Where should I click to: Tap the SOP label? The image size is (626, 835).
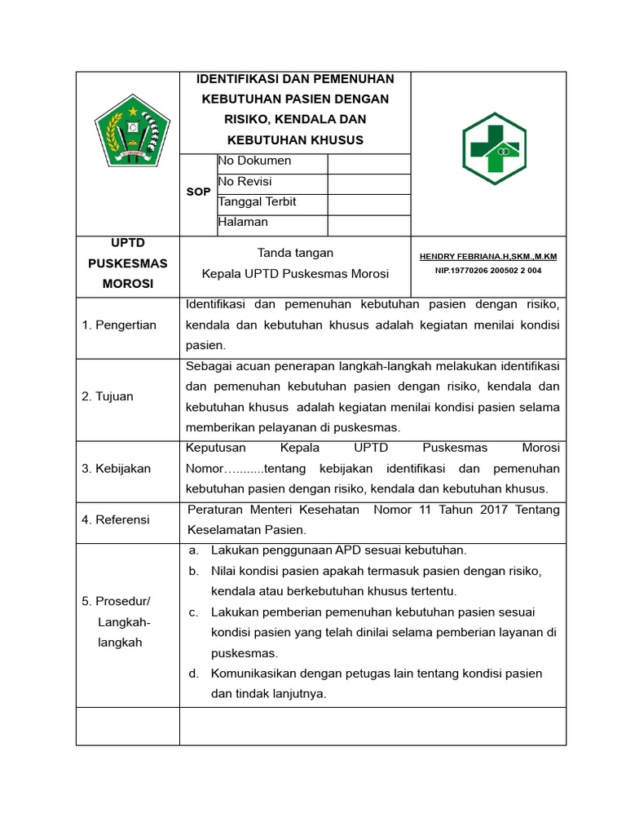click(198, 192)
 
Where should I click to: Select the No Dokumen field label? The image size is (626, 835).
click(254, 161)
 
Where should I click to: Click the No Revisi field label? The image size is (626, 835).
click(245, 181)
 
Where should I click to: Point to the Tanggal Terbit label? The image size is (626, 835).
click(257, 201)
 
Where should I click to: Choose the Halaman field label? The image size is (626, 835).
click(243, 222)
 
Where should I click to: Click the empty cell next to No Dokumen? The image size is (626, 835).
click(368, 163)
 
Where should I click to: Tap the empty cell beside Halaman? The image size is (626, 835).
click(368, 225)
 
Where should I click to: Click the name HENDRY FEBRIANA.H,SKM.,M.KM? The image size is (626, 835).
click(488, 256)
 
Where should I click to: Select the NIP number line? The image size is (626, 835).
click(488, 270)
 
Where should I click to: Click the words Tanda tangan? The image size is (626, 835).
click(295, 253)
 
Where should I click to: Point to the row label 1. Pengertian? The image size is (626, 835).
click(119, 325)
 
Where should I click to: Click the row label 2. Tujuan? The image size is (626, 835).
click(108, 396)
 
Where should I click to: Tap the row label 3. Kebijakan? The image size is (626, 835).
click(117, 469)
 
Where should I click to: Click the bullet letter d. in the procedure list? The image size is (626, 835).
click(194, 674)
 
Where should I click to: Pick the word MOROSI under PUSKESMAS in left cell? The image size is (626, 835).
click(127, 284)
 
